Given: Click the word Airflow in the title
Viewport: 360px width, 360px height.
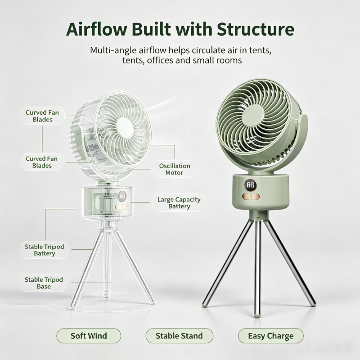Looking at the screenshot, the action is [x=97, y=29].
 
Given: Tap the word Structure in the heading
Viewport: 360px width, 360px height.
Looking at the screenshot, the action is [x=256, y=29].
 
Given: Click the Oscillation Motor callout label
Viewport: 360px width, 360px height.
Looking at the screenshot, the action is [x=175, y=169].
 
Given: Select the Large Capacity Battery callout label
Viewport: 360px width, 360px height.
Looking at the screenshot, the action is [x=179, y=203].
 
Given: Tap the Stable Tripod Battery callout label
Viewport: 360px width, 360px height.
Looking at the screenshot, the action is [x=44, y=250].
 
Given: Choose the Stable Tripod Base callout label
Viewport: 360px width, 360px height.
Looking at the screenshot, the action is [x=44, y=283].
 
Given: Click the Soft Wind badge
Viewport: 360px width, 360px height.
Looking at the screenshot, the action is [x=89, y=336].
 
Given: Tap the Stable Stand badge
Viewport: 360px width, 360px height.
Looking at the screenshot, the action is [x=179, y=336].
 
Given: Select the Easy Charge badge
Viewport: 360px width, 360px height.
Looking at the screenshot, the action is [x=271, y=336].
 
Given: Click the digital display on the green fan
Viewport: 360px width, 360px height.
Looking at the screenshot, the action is [x=251, y=185].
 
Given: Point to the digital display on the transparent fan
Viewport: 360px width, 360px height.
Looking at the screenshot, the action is [x=122, y=196].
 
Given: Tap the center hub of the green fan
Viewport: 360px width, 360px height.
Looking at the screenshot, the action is [x=253, y=115].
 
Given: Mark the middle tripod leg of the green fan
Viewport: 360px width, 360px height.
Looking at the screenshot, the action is [x=257, y=269].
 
